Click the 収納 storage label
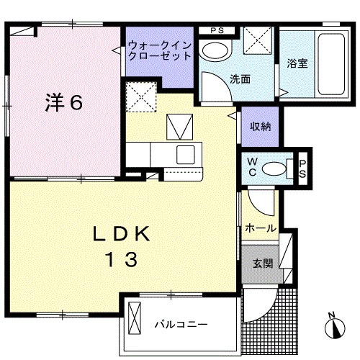(260, 126)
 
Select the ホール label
(260, 228)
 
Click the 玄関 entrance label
(261, 264)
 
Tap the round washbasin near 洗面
(212, 50)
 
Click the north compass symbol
(336, 328)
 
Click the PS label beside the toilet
(302, 168)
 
